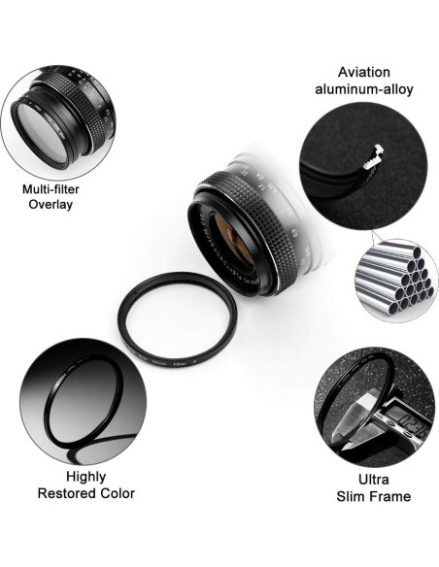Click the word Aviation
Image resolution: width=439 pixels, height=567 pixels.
tap(362, 72)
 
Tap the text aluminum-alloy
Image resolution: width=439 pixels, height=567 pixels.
tap(362, 89)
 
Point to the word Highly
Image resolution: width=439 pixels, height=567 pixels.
tap(85, 477)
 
